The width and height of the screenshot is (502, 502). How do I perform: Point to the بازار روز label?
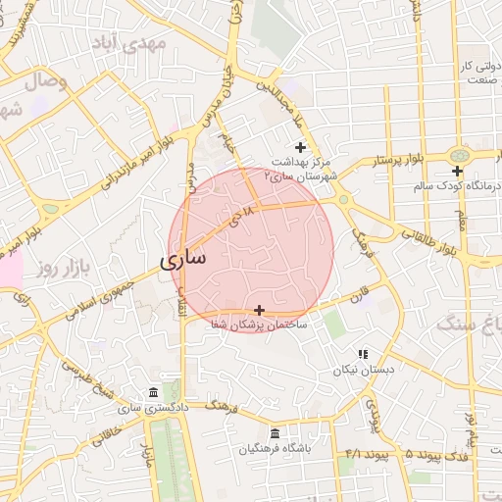[58, 266]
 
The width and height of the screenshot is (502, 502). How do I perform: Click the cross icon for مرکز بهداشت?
[300, 147]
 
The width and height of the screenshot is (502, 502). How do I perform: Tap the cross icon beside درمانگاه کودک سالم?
[458, 172]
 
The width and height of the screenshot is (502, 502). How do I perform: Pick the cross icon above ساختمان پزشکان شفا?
[259, 310]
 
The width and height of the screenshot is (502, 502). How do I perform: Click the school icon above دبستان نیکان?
[363, 354]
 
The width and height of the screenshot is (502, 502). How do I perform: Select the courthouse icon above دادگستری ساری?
[152, 393]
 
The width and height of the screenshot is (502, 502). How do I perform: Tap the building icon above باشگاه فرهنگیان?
[274, 433]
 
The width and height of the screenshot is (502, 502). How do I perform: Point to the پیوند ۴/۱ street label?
[369, 455]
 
